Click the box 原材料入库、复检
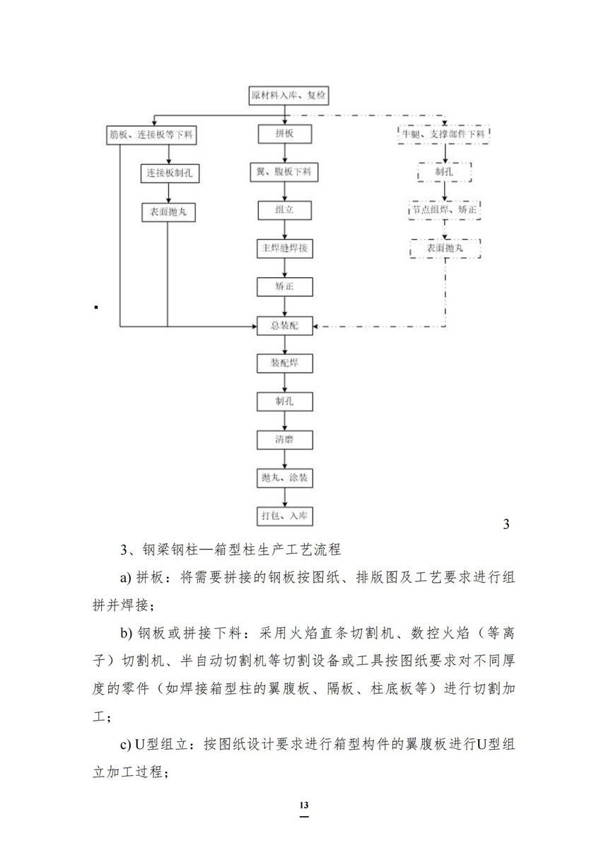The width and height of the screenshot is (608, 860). (x=284, y=95)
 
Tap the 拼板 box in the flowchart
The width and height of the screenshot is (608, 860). (x=284, y=134)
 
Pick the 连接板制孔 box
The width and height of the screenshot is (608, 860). (x=168, y=173)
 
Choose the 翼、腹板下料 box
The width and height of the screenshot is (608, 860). (x=284, y=172)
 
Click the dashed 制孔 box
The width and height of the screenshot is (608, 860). (x=443, y=172)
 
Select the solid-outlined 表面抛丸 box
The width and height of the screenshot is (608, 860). (x=168, y=211)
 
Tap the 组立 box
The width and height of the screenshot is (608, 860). (x=284, y=210)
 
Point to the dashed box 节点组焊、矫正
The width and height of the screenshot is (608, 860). (x=444, y=210)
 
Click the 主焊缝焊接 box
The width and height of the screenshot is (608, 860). (x=284, y=248)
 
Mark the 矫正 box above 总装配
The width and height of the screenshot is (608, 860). (x=284, y=287)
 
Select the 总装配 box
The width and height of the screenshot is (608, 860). (x=284, y=325)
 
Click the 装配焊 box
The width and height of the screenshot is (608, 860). (x=284, y=364)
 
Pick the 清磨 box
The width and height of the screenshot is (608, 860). (x=284, y=440)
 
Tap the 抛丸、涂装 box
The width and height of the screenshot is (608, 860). (x=284, y=478)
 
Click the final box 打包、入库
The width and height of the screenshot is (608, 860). (x=284, y=516)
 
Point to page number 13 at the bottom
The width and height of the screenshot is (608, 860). (x=304, y=806)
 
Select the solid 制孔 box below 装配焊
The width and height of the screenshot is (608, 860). (x=284, y=402)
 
